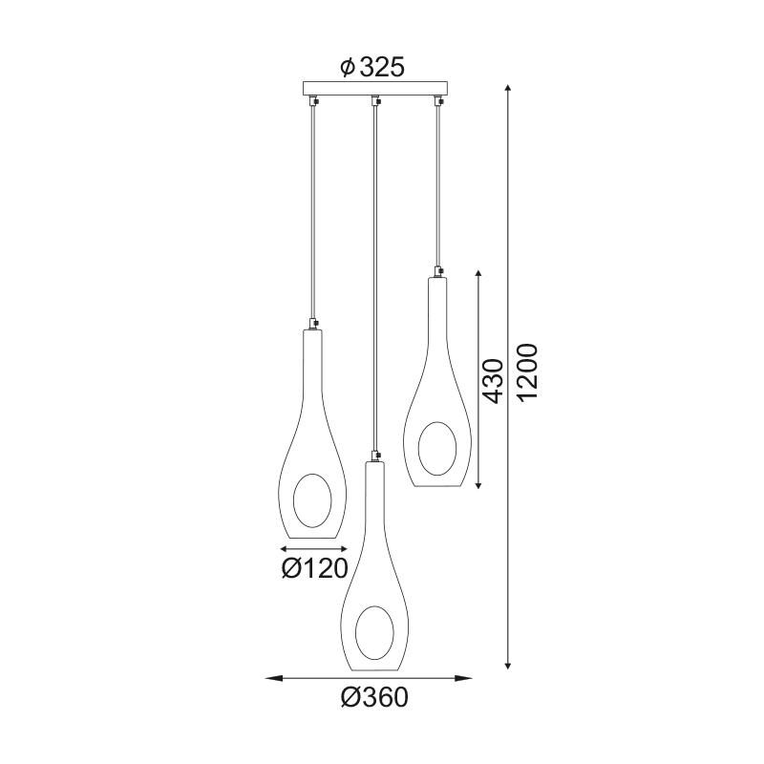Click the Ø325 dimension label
(372, 67)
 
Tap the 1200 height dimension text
(527, 372)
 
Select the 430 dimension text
(492, 381)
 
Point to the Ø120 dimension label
(315, 568)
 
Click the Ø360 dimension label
(374, 698)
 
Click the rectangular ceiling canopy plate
(375, 88)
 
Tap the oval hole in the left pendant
(312, 500)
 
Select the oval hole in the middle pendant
(374, 632)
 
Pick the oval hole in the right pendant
(437, 448)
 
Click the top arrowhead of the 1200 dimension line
(508, 88)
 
